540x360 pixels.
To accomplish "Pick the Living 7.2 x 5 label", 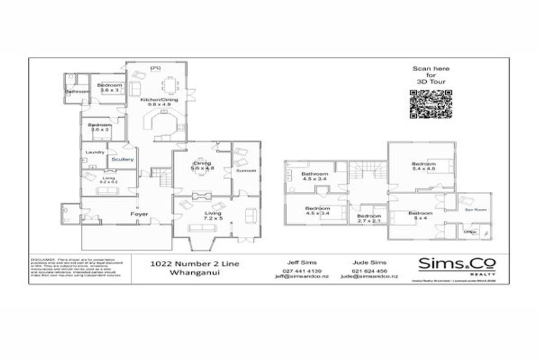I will (212, 216).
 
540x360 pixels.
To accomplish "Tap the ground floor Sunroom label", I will (246, 170).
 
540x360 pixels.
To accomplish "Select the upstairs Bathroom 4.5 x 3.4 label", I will (314, 176).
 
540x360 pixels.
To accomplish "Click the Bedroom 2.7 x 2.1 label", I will (368, 218).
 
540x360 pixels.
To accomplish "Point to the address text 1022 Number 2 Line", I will (185, 264).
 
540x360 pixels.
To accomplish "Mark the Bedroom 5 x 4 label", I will (421, 215).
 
